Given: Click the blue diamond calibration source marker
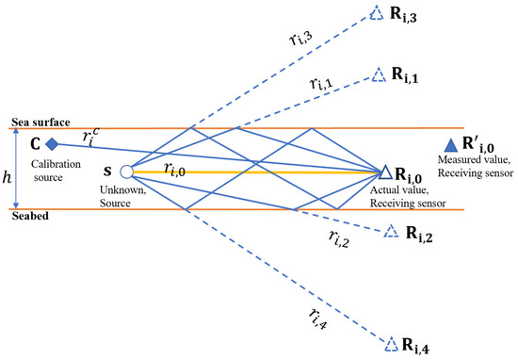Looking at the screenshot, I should pos(53,144).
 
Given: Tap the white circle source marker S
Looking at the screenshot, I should pos(125,172).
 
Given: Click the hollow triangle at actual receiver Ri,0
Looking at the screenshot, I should pos(385,172).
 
